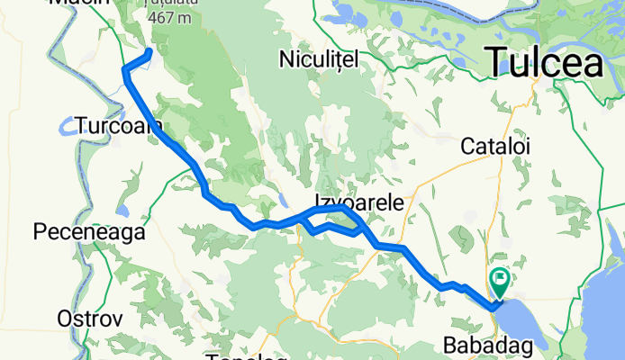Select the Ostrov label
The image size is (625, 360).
click(x=89, y=319)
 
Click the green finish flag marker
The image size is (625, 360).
click(x=498, y=282)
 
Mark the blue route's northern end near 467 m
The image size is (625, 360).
click(x=149, y=51)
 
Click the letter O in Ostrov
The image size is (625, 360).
click(x=65, y=319)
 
